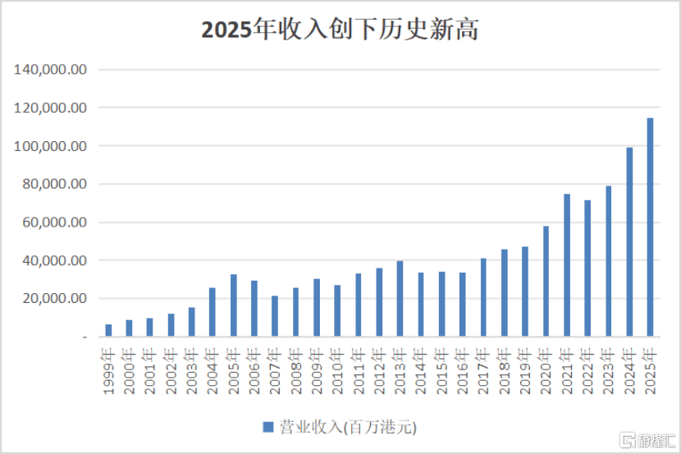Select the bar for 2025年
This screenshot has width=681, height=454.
click(x=650, y=227)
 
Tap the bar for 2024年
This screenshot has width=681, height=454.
click(x=629, y=242)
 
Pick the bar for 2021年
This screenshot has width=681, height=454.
click(x=567, y=265)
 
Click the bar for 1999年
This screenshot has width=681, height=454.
click(x=108, y=331)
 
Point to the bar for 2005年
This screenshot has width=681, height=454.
click(x=234, y=305)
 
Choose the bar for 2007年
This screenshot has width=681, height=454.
click(x=275, y=316)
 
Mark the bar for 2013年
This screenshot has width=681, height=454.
click(x=400, y=299)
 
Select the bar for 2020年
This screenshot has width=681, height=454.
click(x=546, y=282)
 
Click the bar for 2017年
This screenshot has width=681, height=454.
click(x=484, y=297)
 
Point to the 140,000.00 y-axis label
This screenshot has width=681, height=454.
click(x=51, y=70)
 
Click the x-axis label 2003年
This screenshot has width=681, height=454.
click(x=191, y=372)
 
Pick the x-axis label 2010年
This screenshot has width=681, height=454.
click(x=337, y=372)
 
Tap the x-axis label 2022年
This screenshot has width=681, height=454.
click(x=587, y=372)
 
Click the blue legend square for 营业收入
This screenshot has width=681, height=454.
click(x=267, y=427)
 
